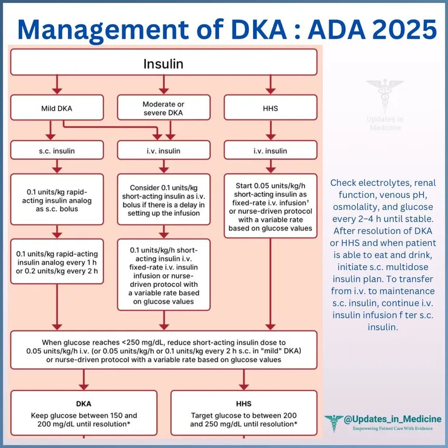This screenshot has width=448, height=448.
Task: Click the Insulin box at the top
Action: tap(163, 63)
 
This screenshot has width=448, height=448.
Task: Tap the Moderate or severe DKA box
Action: tap(163, 108)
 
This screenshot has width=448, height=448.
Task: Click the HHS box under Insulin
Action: tap(271, 108)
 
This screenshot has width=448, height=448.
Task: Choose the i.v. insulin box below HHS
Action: tap(271, 150)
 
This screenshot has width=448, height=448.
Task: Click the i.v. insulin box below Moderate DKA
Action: tap(163, 150)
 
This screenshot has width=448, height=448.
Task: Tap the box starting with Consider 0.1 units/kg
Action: tap(163, 199)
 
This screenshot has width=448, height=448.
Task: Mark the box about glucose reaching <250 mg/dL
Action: tap(163, 350)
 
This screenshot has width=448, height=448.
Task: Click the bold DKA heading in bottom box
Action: tap(84, 402)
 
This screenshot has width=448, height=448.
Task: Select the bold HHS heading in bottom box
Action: tap(243, 402)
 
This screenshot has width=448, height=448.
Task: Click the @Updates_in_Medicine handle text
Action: tap(392, 420)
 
